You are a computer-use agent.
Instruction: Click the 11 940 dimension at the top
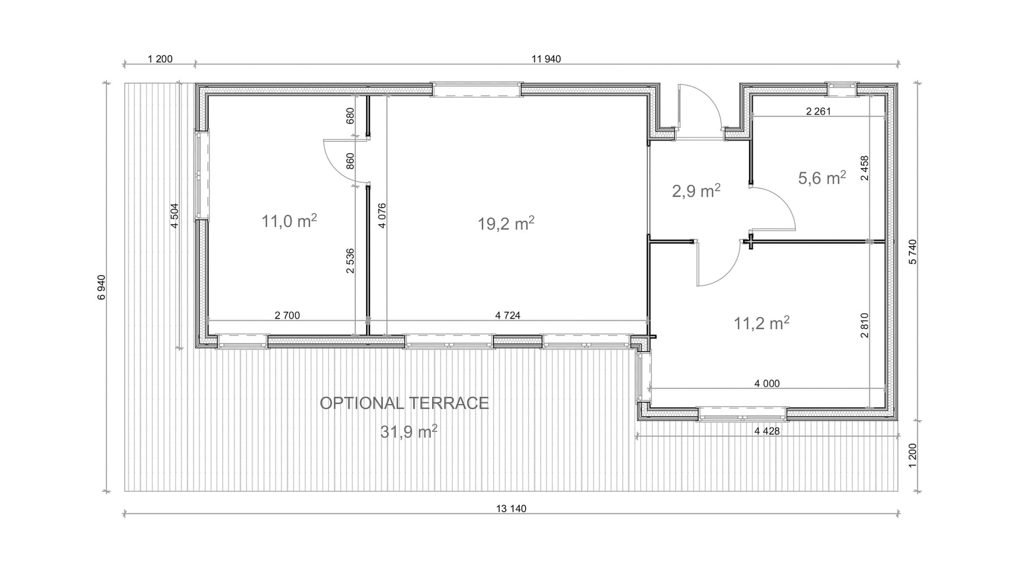click(x=546, y=59)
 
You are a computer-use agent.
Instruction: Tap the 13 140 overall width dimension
click(x=511, y=509)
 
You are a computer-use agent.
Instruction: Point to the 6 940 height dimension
click(x=101, y=287)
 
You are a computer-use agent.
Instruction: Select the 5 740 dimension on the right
click(x=912, y=252)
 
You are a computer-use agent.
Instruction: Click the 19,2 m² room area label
click(x=506, y=223)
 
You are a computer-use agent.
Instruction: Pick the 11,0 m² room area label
click(x=289, y=221)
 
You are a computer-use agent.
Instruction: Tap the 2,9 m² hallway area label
click(x=696, y=190)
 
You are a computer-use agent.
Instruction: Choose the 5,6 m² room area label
click(x=822, y=178)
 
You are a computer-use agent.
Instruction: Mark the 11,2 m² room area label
click(x=762, y=323)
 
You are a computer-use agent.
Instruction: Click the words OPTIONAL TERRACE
click(x=404, y=403)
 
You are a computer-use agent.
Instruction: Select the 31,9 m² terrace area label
click(x=409, y=432)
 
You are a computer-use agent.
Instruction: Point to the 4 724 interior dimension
click(x=508, y=316)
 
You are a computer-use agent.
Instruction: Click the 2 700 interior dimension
click(x=287, y=316)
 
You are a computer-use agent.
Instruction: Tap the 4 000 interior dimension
click(x=767, y=384)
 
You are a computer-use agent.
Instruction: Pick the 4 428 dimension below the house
click(x=767, y=431)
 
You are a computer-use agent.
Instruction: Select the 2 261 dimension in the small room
click(x=818, y=111)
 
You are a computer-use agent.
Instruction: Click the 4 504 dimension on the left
click(x=175, y=216)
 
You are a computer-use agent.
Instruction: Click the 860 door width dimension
click(x=350, y=161)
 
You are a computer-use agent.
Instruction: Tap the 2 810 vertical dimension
click(x=865, y=325)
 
